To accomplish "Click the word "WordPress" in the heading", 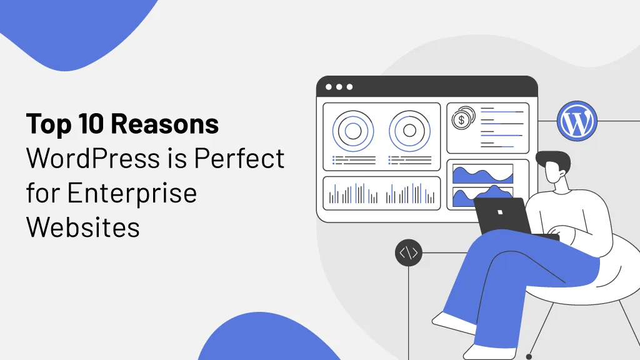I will [x=93, y=159].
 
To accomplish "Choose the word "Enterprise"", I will [x=133, y=192].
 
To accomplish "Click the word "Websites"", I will [x=83, y=226].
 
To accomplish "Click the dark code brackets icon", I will [x=408, y=253].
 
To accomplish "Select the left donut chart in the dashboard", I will [x=353, y=131].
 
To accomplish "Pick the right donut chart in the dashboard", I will [x=409, y=131].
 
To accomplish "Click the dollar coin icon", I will [x=463, y=117].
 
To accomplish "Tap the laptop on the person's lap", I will [x=503, y=216].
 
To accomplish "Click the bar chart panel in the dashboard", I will [x=381, y=193].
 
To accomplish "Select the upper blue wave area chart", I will [x=482, y=174].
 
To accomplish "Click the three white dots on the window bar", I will [x=338, y=87].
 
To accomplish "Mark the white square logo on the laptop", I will [x=500, y=212].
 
